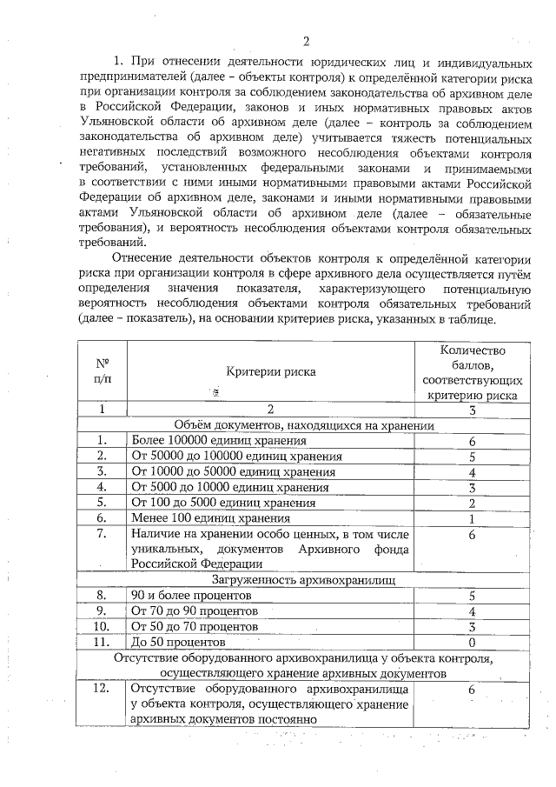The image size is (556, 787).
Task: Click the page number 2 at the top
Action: click(306, 40)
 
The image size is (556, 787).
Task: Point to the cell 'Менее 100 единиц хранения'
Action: click(197, 518)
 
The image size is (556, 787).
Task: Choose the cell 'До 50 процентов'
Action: click(177, 642)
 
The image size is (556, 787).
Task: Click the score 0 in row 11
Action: click(472, 642)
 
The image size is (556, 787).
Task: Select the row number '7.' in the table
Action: click(103, 534)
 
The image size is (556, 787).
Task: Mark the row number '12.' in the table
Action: click(103, 689)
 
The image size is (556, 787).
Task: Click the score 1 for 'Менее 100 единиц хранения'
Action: click(472, 519)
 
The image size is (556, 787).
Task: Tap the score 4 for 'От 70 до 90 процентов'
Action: click(472, 611)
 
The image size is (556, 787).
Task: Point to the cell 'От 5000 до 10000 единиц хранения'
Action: click(222, 487)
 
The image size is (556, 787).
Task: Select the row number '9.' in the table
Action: click(103, 610)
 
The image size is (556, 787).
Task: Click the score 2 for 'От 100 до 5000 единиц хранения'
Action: click(472, 504)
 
